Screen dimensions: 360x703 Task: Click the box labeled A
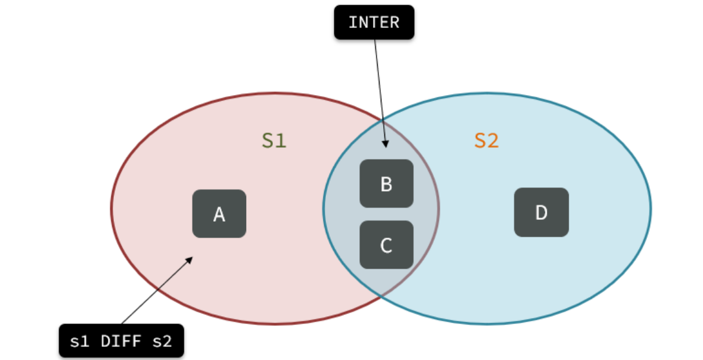click(x=219, y=214)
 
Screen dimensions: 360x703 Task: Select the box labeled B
click(x=386, y=184)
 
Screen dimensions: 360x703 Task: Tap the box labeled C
click(x=386, y=245)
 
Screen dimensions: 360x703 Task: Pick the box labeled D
click(x=541, y=213)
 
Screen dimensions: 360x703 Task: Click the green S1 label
click(x=274, y=141)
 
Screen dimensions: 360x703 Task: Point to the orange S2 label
click(x=486, y=141)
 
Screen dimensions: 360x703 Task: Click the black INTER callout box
click(x=374, y=23)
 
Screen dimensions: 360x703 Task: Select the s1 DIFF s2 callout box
click(x=121, y=341)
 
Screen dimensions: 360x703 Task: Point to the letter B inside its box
click(x=386, y=184)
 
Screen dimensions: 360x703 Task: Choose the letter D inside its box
click(x=541, y=213)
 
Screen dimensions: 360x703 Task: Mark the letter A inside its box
click(x=219, y=214)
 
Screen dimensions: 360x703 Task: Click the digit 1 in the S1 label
click(x=281, y=141)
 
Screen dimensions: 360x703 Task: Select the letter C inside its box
click(x=386, y=245)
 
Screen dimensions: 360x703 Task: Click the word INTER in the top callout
click(x=374, y=23)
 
